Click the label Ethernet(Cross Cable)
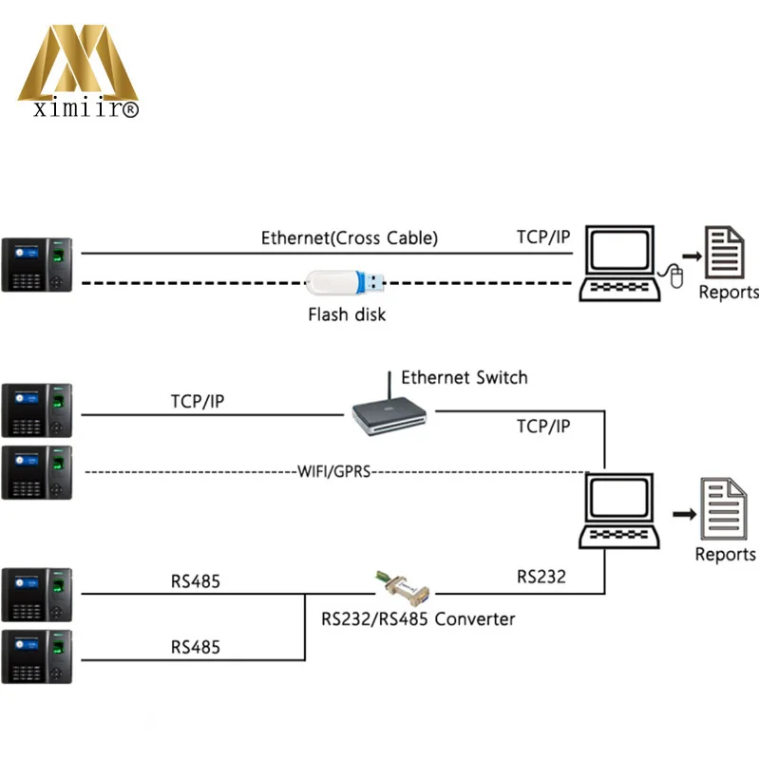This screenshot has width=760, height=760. point(350,238)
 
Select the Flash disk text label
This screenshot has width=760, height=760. point(347,314)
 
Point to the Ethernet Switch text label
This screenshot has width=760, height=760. point(464,378)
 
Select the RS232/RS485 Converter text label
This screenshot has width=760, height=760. point(418,619)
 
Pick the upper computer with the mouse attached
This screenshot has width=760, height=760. point(619,263)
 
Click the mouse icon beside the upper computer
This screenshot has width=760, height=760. point(675,276)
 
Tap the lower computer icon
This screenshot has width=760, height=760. point(619,512)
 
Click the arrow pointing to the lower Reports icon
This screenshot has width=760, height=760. point(681,514)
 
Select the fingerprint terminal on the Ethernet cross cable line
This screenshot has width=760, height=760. point(38,264)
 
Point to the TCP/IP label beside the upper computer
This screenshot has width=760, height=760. point(543,237)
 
